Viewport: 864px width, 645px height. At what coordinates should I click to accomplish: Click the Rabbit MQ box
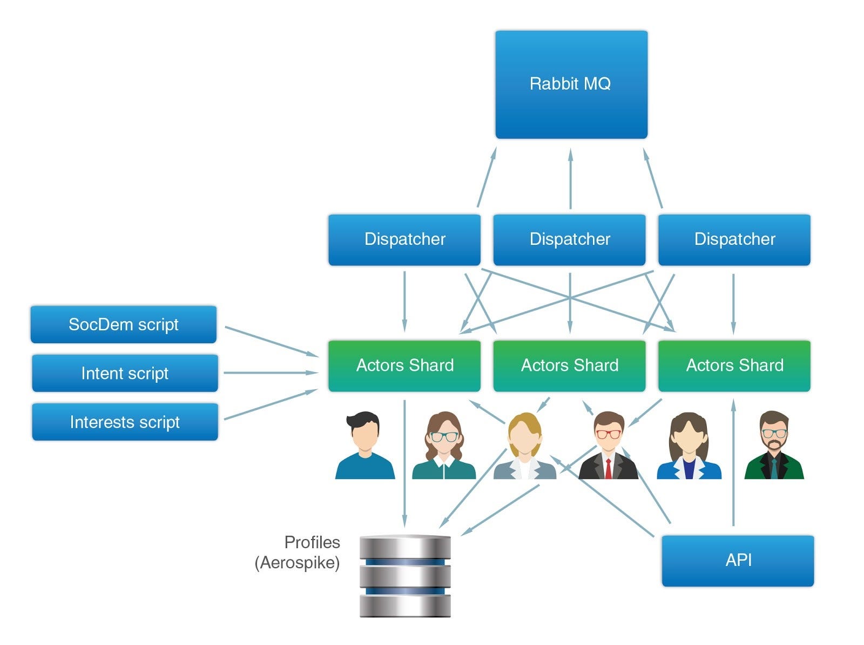[571, 84]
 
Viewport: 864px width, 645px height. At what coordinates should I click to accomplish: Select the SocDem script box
[124, 324]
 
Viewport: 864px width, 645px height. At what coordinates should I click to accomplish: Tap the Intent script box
[125, 373]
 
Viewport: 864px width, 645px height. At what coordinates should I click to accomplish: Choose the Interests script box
[125, 422]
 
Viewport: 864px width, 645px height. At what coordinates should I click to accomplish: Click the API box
[738, 561]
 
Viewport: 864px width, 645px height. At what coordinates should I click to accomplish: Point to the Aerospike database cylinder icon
[405, 576]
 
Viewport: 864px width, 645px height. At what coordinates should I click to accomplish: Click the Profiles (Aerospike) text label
[298, 553]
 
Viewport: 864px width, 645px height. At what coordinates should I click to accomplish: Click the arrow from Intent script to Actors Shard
[270, 373]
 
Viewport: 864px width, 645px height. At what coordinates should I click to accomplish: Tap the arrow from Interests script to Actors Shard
[270, 404]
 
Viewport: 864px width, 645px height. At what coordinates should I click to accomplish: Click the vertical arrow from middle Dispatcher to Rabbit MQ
[570, 179]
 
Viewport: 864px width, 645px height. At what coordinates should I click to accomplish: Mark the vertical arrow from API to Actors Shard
[733, 462]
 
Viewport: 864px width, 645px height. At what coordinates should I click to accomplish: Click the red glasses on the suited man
[609, 434]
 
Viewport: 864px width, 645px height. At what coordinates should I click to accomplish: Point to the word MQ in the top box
[597, 84]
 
